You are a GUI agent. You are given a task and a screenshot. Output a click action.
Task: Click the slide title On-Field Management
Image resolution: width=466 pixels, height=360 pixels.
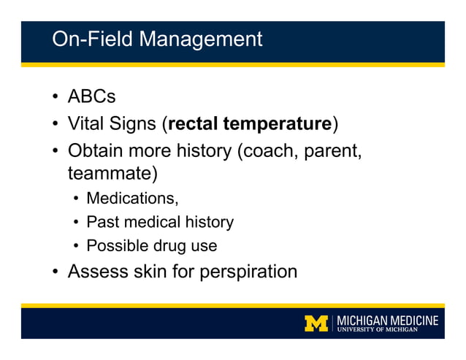156,39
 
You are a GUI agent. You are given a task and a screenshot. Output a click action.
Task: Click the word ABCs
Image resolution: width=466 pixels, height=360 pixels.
91,96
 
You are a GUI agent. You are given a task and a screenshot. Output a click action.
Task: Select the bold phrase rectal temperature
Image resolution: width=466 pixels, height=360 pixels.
249,123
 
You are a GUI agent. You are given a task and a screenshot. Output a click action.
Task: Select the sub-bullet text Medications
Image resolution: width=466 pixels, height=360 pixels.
131,198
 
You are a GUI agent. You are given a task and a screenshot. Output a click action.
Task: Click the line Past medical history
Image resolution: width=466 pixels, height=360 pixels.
159,222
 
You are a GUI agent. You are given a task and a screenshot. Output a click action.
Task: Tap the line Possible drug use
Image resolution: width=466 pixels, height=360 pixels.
151,246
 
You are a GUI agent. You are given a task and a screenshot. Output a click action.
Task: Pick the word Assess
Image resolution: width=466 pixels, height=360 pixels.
98,272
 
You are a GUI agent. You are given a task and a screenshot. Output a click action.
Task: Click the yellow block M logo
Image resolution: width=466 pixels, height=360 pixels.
316,323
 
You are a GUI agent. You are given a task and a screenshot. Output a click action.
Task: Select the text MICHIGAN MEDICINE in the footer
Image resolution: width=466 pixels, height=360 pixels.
388,320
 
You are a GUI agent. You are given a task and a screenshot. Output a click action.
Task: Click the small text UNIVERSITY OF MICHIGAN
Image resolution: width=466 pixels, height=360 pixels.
378,330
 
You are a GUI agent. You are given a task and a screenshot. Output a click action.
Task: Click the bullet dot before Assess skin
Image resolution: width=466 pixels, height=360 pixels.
56,273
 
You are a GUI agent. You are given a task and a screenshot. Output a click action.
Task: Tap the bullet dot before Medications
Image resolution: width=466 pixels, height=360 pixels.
76,199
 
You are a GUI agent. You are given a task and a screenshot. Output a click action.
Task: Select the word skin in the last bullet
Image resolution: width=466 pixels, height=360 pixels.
150,272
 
